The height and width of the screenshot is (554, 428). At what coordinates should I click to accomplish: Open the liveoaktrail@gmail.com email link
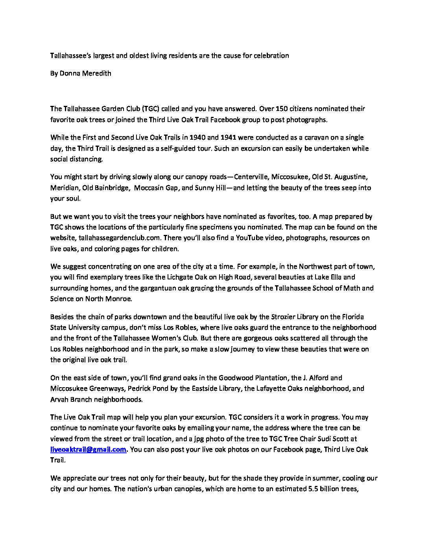click(88, 449)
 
